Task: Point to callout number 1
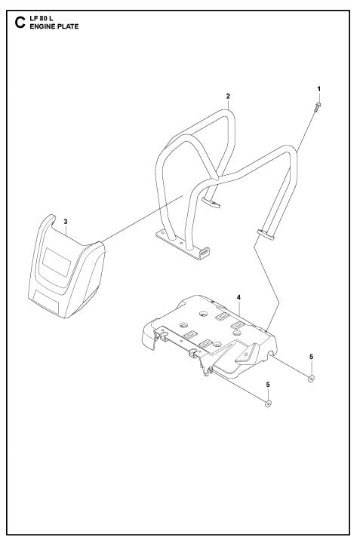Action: coord(318,89)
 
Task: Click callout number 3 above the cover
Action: coord(66,222)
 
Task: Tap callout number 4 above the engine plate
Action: coord(238,298)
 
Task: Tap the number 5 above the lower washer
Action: coord(267,385)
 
